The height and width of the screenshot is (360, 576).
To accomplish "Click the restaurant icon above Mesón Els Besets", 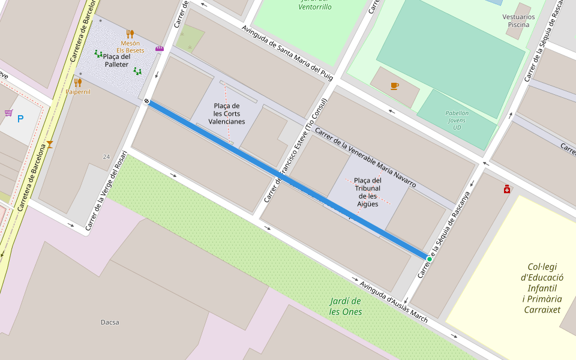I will pos(130,34).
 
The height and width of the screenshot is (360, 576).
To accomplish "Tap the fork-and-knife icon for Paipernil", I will pos(77,82).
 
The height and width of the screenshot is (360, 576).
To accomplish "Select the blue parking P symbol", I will pos(20,119).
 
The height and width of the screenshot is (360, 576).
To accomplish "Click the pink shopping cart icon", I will pos(8,112).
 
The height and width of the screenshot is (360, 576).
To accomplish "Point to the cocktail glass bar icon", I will pos(50,144).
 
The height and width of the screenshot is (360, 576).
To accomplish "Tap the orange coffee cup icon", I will pos(394,86).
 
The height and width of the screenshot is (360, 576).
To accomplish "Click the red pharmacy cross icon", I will pos(507,190).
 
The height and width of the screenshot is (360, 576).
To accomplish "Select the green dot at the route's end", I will pos(429,259).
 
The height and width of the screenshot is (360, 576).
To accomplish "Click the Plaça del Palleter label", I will pos(116,61).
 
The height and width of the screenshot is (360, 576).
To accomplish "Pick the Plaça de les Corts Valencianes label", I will pos(226,113).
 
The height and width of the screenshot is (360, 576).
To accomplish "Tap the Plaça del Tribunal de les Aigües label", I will pos(368,192).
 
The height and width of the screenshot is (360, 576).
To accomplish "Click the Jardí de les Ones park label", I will pos(346,306).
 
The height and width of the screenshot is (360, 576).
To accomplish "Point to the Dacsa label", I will pos(110,322).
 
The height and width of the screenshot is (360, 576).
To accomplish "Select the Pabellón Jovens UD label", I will pos(457,120).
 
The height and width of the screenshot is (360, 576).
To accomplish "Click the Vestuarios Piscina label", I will pos(518,21).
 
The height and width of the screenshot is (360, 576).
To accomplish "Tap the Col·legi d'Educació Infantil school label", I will pos(542,288).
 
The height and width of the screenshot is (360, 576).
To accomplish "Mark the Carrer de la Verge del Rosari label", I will pos(106,190).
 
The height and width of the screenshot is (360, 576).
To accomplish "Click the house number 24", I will pos(106,157).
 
